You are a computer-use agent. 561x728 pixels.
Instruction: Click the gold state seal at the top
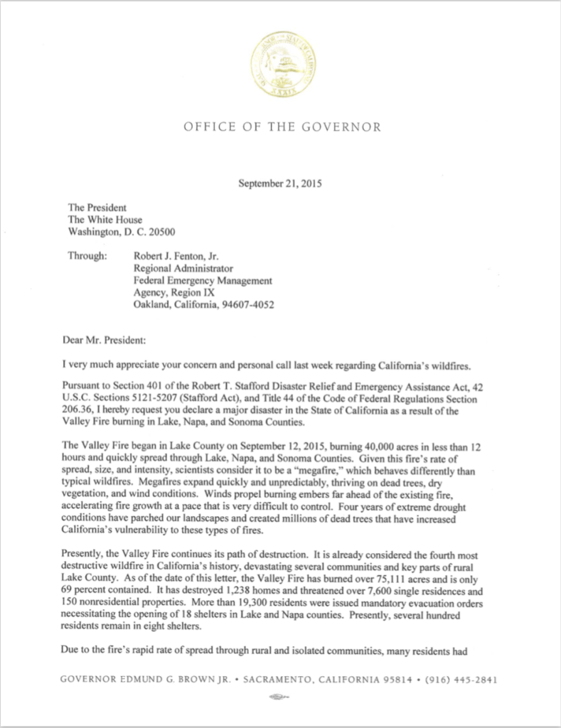click(x=283, y=65)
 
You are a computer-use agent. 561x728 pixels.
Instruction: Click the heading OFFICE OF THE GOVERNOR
click(x=282, y=127)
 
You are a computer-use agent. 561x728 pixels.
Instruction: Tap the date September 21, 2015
click(x=280, y=183)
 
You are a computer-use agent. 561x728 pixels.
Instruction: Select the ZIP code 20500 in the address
click(x=161, y=231)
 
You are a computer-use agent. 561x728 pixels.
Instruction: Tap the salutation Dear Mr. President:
click(x=107, y=341)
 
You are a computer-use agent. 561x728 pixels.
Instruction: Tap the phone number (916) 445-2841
click(x=461, y=679)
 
